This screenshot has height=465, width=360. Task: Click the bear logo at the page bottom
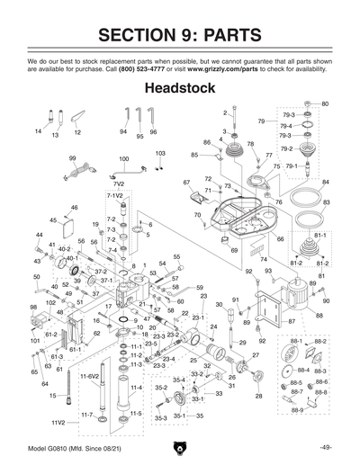180,446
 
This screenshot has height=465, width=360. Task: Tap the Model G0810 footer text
66,446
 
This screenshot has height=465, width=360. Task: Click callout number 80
325,104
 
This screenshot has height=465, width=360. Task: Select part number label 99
72,157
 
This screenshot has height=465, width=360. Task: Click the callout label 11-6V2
89,375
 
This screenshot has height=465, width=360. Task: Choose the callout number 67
187,183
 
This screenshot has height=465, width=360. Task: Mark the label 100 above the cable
123,158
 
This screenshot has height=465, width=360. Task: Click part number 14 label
38,131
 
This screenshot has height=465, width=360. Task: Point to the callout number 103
160,153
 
